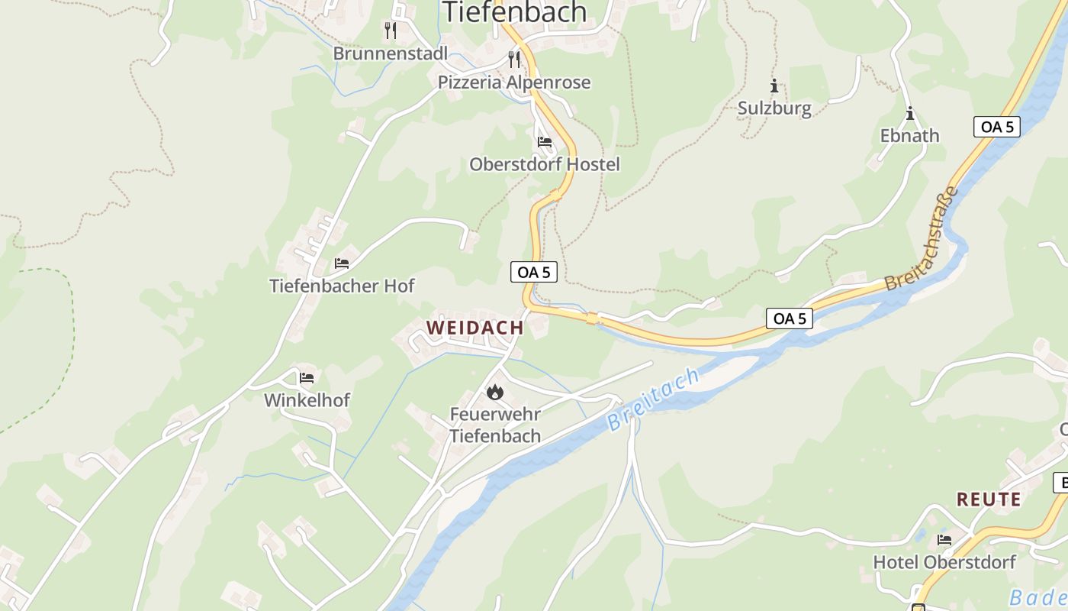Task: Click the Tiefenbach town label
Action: tap(514, 12)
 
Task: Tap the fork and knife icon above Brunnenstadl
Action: tap(391, 31)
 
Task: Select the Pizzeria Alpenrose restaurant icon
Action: tap(514, 59)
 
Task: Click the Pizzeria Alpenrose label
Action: tap(514, 82)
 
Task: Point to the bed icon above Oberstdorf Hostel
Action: tap(544, 142)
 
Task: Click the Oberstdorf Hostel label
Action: tap(545, 164)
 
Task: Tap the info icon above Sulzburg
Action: tap(774, 86)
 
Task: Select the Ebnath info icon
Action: tap(909, 115)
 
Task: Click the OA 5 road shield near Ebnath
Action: tap(997, 127)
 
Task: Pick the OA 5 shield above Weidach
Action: tap(534, 272)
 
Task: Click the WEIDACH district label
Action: tap(475, 328)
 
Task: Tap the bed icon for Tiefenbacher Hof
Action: tap(342, 263)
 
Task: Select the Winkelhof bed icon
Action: tap(307, 377)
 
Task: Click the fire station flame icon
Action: tap(495, 392)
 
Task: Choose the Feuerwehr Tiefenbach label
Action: tap(495, 425)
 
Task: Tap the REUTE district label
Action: tap(989, 499)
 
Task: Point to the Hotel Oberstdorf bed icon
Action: tap(944, 540)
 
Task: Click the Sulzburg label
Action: tap(774, 108)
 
